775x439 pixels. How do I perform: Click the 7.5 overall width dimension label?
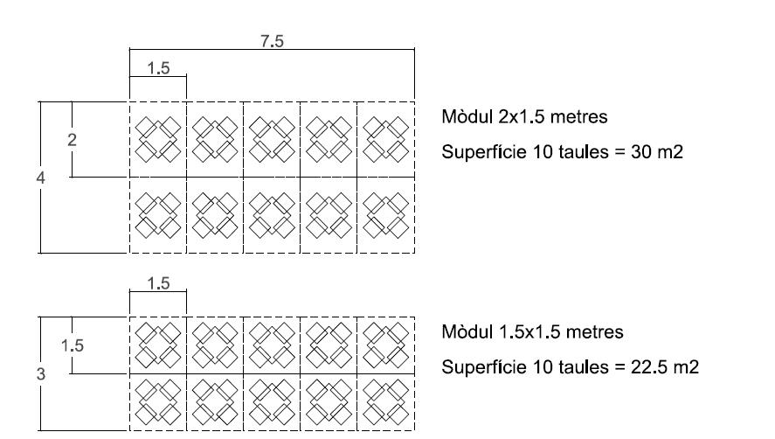(273, 41)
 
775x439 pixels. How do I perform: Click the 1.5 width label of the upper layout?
(158, 69)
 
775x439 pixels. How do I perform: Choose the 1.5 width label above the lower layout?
(158, 283)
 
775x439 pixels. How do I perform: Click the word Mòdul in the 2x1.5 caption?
(465, 117)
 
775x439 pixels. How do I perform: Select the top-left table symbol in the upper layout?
(158, 140)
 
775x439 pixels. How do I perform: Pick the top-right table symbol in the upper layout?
(386, 140)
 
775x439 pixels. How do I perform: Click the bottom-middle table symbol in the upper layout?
(272, 215)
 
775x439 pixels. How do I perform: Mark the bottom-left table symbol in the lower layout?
(158, 402)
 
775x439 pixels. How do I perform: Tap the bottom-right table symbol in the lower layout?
(386, 402)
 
